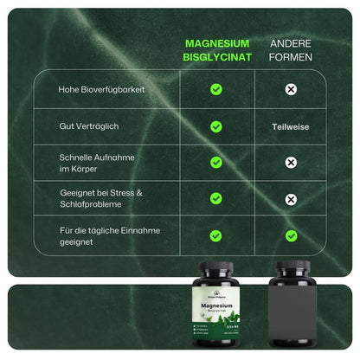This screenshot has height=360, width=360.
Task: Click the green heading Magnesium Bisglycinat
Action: tap(216, 49)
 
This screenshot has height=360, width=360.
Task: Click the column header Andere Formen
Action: tap(292, 49)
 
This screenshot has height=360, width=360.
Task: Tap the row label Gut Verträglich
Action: tap(88, 126)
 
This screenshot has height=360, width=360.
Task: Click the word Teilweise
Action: tap(292, 126)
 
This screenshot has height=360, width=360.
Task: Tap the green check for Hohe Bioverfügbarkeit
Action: tap(216, 89)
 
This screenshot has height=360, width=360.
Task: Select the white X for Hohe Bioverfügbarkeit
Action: tap(292, 89)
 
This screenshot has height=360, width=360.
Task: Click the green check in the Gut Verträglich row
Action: tap(216, 126)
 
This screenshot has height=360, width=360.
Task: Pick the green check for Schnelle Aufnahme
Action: tap(216, 163)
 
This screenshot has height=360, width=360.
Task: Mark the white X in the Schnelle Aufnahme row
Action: tap(292, 163)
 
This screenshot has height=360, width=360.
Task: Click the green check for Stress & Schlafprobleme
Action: tap(216, 199)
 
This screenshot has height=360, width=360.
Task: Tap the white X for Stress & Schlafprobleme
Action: tap(292, 199)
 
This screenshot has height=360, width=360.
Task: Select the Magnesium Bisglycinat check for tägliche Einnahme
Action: tap(216, 235)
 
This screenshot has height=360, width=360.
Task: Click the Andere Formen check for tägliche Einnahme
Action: tap(292, 235)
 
